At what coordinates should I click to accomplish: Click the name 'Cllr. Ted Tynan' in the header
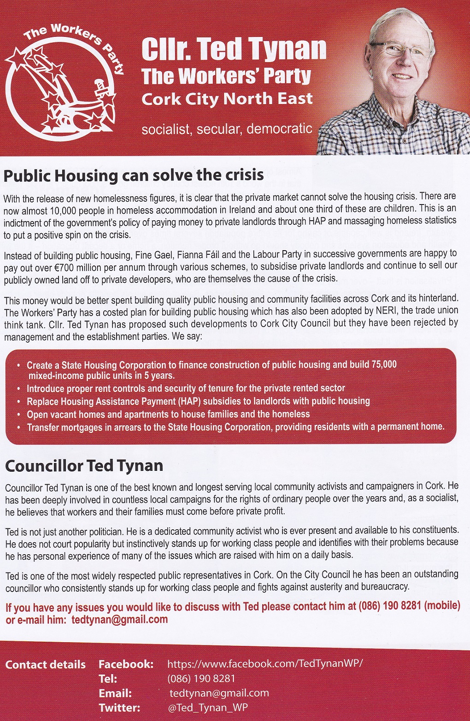(234, 49)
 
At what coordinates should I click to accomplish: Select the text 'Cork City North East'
(227, 99)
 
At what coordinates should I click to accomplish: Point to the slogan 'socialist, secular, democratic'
(227, 129)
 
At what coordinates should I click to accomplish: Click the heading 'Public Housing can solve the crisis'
(134, 176)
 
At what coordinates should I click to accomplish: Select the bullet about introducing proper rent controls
(186, 388)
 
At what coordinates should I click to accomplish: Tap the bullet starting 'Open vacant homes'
(168, 414)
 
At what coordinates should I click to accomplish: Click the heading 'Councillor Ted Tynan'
(84, 466)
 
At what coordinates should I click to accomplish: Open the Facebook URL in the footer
(265, 663)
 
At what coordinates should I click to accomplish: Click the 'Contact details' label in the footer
(45, 664)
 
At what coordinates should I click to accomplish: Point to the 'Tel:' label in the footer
(108, 679)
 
